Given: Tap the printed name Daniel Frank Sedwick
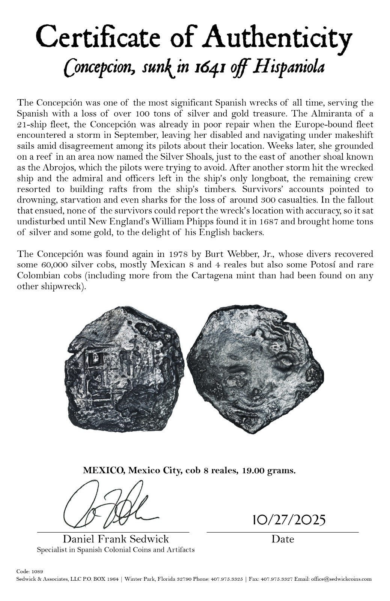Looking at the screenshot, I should tap(116, 539).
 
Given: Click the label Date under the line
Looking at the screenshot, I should tap(283, 539).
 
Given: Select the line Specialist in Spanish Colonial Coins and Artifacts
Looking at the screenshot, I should tap(116, 550).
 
